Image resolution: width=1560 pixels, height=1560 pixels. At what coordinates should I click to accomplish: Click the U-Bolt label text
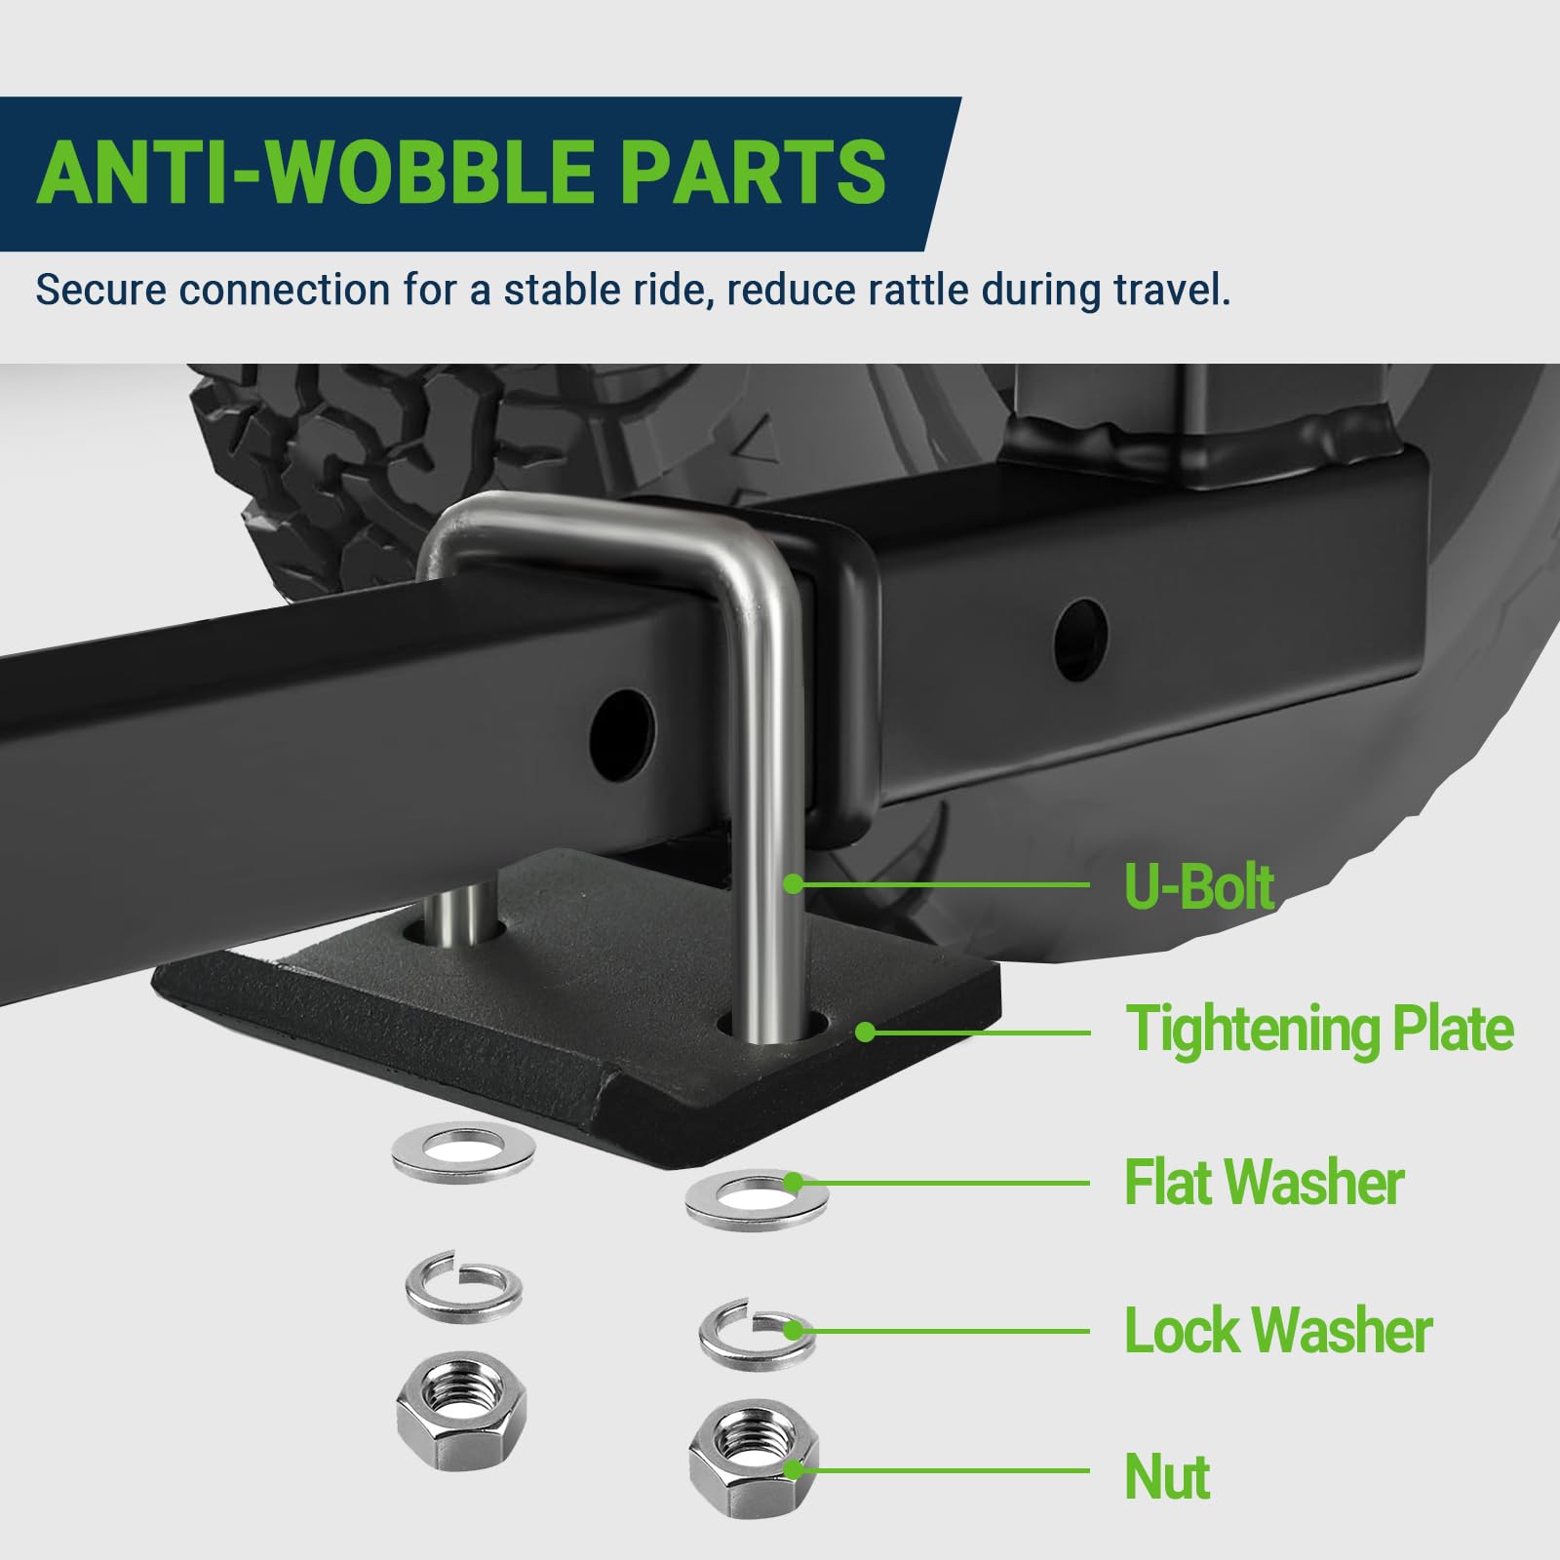[x=1198, y=886]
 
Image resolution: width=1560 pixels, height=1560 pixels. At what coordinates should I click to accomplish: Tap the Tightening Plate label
[x=1319, y=1030]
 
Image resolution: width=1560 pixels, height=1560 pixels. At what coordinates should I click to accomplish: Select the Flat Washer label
[x=1264, y=1183]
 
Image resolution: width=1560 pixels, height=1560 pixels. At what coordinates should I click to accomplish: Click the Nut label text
[x=1167, y=1477]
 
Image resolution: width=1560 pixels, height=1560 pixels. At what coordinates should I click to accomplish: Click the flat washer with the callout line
[x=757, y=1200]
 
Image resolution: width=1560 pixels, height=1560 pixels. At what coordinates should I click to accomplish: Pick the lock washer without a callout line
[x=463, y=1287]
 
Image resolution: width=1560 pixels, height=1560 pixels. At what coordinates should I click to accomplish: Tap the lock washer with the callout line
[x=757, y=1334]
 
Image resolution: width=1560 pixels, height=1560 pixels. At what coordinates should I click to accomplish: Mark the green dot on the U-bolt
[x=794, y=883]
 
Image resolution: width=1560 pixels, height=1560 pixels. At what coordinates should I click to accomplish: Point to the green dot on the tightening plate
[x=865, y=1032]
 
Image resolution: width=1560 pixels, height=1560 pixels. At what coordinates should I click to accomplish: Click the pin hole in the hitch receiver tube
[x=1080, y=640]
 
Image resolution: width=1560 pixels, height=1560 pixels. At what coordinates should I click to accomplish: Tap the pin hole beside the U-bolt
[x=624, y=735]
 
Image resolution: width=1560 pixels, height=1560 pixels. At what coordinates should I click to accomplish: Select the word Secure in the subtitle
[x=102, y=290]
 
